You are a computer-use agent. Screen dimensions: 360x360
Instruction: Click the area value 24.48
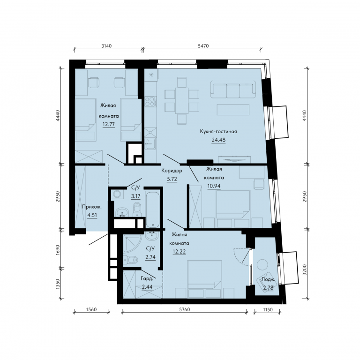tap(218, 140)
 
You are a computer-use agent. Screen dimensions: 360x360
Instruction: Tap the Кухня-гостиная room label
tap(218, 131)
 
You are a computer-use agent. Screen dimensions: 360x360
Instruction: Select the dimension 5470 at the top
tap(203, 46)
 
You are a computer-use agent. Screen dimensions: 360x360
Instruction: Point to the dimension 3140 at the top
tap(106, 46)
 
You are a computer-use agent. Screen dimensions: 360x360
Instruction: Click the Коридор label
tap(172, 171)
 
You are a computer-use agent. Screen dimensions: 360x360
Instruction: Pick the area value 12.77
tap(109, 124)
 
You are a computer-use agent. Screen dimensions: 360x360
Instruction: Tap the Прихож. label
tap(92, 207)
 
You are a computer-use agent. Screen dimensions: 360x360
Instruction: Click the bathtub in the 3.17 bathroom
tap(153, 209)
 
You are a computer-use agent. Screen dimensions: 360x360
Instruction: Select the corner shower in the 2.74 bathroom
tap(132, 243)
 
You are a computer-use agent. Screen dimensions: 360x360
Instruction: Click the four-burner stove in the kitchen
tap(150, 101)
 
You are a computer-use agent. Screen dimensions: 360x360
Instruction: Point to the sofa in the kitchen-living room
tap(233, 90)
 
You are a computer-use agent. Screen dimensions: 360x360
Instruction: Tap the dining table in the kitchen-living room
tap(182, 101)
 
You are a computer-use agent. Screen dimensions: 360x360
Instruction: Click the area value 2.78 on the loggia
tap(268, 287)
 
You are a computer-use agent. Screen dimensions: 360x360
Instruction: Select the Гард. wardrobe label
tap(147, 278)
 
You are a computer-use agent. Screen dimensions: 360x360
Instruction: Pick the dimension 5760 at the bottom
tap(184, 309)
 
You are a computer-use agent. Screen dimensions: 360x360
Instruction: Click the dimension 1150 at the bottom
tap(268, 309)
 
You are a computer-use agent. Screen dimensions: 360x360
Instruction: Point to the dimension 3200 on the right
tap(304, 270)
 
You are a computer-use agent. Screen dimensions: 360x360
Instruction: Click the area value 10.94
tap(214, 186)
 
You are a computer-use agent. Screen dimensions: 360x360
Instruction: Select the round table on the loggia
tap(262, 265)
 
